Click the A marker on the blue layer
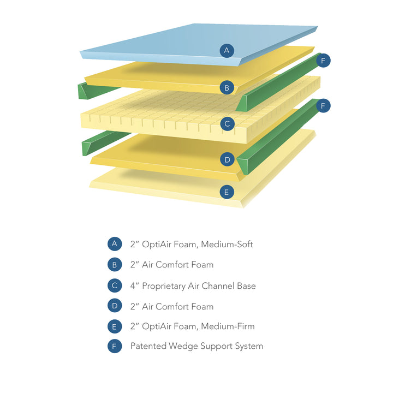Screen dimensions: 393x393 coord(227,51)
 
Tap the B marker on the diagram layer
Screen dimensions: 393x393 coord(227,87)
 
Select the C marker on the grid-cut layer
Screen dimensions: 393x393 coord(227,124)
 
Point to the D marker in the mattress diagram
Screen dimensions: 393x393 coord(227,159)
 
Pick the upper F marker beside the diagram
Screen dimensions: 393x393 coord(323,61)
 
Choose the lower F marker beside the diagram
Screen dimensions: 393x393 coord(323,106)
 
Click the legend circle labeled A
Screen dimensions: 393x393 coord(115,244)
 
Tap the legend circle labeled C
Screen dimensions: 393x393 coord(115,285)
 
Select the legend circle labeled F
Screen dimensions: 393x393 coord(115,346)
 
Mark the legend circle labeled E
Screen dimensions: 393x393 coord(115,326)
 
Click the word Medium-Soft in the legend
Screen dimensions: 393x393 coord(227,244)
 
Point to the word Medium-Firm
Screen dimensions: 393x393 coord(228,326)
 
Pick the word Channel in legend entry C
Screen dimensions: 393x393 coord(219,285)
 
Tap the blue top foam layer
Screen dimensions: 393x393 coord(164,46)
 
